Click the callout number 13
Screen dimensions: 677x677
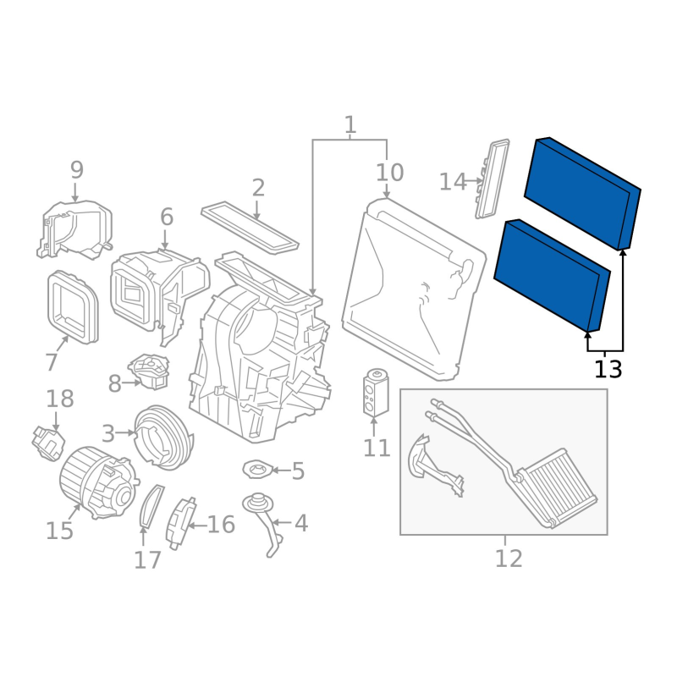point(608,370)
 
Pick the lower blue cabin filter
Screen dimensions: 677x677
point(553,275)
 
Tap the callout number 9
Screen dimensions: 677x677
point(76,170)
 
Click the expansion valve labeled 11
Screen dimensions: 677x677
point(376,393)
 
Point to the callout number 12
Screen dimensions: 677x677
point(509,559)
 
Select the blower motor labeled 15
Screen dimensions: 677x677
point(98,482)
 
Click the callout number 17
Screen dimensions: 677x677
point(147,560)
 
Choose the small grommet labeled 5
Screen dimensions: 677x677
point(258,470)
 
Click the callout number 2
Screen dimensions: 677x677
point(258,188)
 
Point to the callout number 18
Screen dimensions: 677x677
point(59,399)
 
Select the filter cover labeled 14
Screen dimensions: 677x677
point(493,179)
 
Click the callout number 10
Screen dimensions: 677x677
point(389,173)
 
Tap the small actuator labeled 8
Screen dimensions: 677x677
point(150,371)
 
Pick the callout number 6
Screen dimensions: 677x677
point(167,217)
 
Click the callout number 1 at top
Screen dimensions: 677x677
point(350,125)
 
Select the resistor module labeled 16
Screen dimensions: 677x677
point(180,523)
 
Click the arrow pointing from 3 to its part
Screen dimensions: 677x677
point(126,432)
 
